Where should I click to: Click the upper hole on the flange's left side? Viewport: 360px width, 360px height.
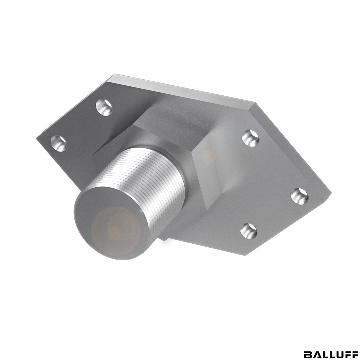pyautogui.click(x=104, y=107)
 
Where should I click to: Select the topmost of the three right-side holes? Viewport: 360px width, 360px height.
pyautogui.click(x=251, y=138)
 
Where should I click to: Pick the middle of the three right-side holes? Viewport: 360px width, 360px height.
pyautogui.click(x=300, y=196)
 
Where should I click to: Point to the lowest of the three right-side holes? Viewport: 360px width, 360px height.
pyautogui.click(x=249, y=231)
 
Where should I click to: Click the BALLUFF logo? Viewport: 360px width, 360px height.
pyautogui.click(x=330, y=348)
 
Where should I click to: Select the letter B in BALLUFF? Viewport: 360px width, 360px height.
pyautogui.click(x=307, y=348)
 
